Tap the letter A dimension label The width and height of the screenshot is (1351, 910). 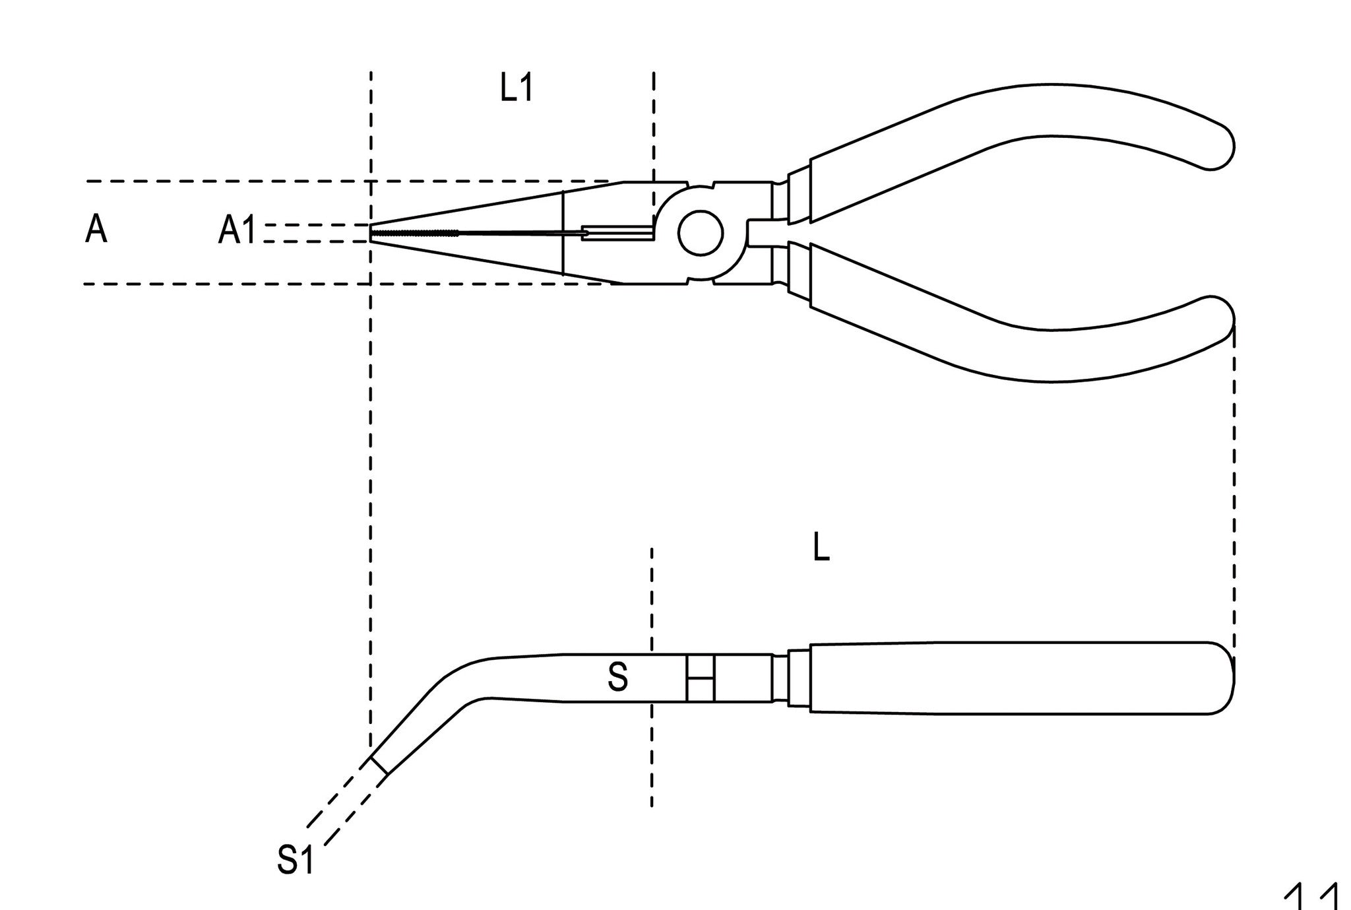(x=96, y=230)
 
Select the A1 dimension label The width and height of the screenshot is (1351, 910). (x=237, y=232)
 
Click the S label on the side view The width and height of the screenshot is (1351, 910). (x=617, y=678)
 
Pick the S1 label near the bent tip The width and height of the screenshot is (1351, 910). (x=295, y=860)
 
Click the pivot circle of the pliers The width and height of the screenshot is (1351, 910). (x=700, y=233)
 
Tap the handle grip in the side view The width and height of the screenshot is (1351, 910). (x=1009, y=678)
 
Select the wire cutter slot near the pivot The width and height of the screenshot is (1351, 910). (x=617, y=232)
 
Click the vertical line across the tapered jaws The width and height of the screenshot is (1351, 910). (x=563, y=233)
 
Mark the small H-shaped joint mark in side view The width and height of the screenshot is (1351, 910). (x=701, y=678)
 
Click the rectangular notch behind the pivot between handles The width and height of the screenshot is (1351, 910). (x=759, y=233)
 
